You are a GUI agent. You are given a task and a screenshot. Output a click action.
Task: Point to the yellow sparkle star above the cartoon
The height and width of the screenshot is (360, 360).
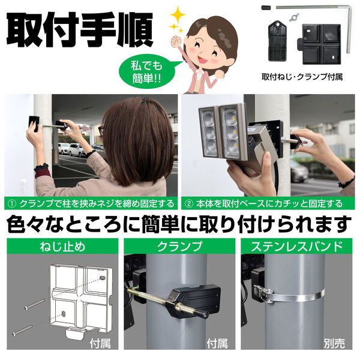tap(178, 15)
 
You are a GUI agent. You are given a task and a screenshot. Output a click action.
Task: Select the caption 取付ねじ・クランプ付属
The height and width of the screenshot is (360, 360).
tap(302, 77)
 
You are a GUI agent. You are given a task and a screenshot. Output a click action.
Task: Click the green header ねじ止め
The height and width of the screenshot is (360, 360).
tap(59, 245)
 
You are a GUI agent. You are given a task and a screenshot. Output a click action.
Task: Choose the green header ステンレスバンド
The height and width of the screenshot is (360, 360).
tap(298, 245)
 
